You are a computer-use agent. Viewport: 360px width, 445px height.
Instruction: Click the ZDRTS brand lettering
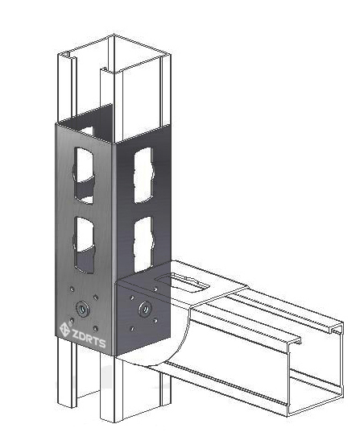[89, 338]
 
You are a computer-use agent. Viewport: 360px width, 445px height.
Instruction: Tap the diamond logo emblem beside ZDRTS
[64, 330]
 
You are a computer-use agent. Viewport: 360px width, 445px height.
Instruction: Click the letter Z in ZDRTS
[75, 334]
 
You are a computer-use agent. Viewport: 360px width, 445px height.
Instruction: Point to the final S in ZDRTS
[102, 343]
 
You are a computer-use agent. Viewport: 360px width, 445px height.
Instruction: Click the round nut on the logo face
[82, 309]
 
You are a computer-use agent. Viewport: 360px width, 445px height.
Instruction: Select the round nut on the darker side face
[145, 309]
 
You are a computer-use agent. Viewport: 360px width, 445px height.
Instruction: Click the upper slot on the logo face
[84, 175]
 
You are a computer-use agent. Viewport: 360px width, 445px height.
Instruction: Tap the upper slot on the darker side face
[143, 175]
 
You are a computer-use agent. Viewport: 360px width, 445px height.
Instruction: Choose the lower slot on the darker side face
[143, 244]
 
